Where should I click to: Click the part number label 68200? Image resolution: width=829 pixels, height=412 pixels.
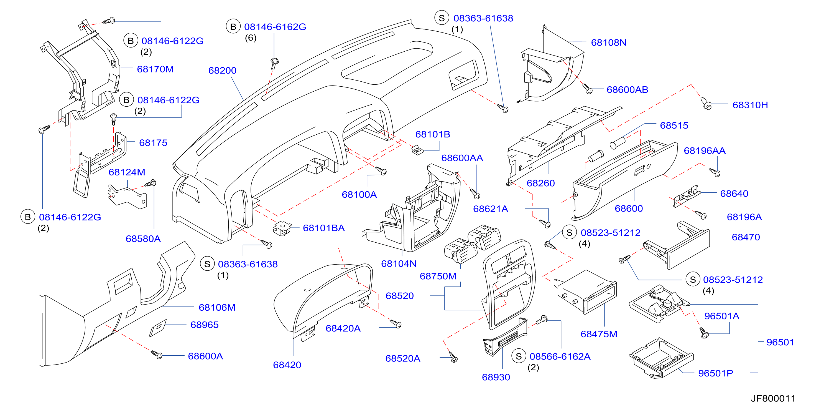coord(222,70)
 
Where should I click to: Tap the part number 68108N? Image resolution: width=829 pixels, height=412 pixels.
coord(609,42)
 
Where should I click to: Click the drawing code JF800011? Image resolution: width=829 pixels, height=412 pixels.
coord(773,398)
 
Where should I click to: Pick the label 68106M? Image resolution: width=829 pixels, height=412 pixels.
coord(217,307)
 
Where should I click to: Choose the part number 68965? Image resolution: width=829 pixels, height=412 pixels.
coord(204,325)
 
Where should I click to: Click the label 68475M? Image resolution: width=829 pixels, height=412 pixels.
coord(599,334)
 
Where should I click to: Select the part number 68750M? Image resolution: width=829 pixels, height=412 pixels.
coord(438,276)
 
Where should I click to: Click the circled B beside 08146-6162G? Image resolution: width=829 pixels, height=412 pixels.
coord(233,27)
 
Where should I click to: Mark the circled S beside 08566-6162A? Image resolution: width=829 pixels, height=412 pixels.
coord(519,356)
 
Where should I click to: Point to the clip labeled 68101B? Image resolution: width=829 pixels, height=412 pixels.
coord(418,150)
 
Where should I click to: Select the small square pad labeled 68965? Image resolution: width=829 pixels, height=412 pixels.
coord(158,328)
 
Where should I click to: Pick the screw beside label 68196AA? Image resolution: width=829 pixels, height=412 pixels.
coord(715,172)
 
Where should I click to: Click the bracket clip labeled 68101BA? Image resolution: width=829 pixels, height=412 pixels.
coord(282,228)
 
